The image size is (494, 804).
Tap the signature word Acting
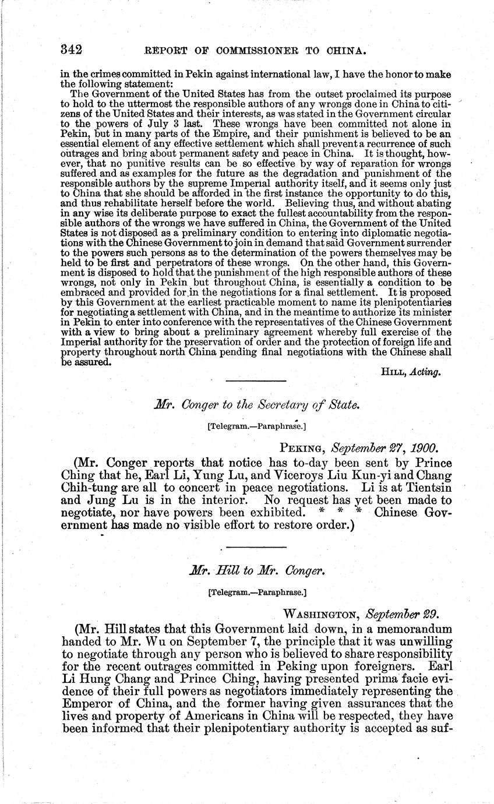coord(426,372)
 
